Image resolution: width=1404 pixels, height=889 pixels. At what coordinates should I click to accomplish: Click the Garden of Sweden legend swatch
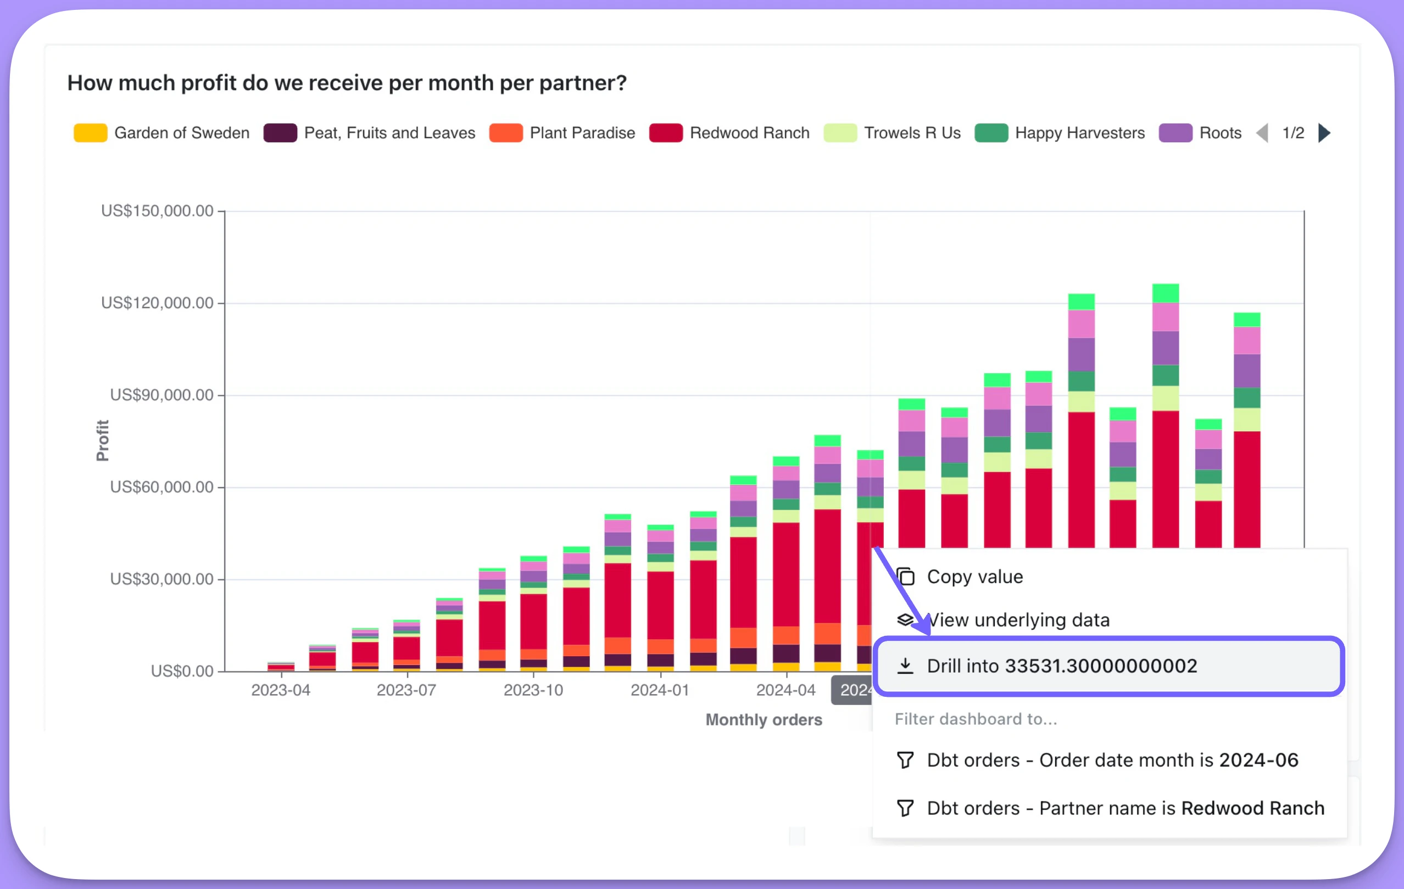point(91,133)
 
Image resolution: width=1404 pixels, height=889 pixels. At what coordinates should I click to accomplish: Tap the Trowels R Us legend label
point(912,133)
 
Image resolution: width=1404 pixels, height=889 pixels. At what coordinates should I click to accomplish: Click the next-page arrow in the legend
point(1324,133)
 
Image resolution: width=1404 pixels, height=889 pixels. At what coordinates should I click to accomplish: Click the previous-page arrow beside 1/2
point(1262,133)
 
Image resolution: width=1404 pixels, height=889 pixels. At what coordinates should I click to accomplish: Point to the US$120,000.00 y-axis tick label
point(157,303)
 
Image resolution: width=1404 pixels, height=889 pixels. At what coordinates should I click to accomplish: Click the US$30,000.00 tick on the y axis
point(161,579)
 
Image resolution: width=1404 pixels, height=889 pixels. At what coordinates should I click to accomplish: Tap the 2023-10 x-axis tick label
point(533,690)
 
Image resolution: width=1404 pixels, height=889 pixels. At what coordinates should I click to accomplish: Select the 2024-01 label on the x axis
point(660,690)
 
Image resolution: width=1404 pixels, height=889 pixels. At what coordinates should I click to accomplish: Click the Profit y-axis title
point(103,440)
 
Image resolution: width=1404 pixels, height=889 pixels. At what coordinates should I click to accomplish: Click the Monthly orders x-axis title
point(764,720)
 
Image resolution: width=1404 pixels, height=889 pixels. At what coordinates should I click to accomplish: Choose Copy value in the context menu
point(975,577)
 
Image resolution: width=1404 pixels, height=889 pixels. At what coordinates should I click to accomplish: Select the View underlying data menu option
point(1018,620)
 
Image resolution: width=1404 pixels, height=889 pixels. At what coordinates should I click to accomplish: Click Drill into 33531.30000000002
point(1061,666)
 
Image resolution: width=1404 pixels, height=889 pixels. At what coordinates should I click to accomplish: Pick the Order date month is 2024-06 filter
point(1112,760)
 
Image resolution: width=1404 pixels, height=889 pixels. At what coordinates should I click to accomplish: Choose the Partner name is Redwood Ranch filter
point(1126,808)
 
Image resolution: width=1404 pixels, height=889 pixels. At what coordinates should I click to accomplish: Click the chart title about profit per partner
point(347,83)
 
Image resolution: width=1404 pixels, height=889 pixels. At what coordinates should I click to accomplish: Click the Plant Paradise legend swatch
point(505,133)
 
